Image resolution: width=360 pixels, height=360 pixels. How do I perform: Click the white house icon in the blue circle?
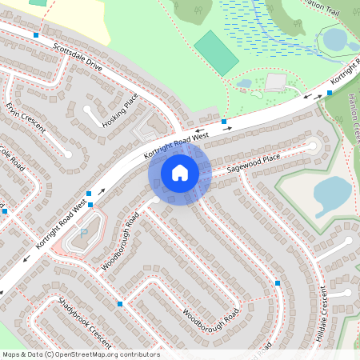pyautogui.click(x=180, y=172)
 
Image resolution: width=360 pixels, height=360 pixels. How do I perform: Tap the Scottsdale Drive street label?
pyautogui.click(x=78, y=58)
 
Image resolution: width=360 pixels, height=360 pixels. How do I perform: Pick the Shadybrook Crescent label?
pyautogui.click(x=84, y=322)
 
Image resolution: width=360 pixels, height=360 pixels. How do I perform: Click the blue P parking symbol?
pyautogui.click(x=83, y=232)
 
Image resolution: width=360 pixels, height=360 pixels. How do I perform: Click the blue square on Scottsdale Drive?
pyautogui.click(x=36, y=35)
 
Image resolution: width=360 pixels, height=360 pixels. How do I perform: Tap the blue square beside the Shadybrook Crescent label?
pyautogui.click(x=120, y=304)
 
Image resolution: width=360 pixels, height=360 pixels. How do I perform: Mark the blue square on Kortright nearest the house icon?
pyautogui.click(x=224, y=122)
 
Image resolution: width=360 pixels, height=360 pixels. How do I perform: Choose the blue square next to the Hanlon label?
pyautogui.click(x=330, y=93)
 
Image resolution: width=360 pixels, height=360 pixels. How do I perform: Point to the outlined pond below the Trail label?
pyautogui.click(x=334, y=38)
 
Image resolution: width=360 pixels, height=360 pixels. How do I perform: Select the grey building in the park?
pyautogui.click(x=275, y=82)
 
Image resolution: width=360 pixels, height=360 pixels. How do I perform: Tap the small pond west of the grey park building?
pyautogui.click(x=244, y=82)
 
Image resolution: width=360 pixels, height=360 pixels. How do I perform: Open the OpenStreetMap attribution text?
pyautogui.click(x=81, y=354)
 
